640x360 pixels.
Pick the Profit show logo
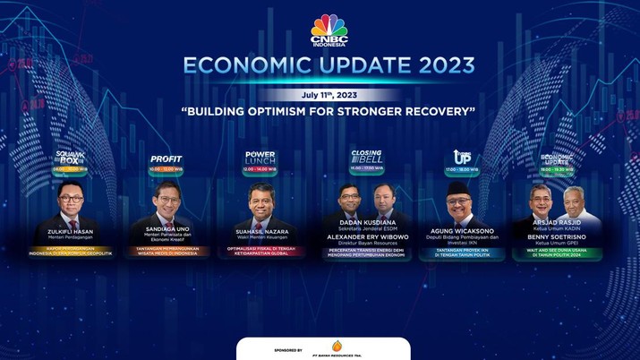[166, 159]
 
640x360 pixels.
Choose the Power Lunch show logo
[260, 159]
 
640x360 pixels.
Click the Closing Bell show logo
[367, 156]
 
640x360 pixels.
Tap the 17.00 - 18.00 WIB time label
[462, 168]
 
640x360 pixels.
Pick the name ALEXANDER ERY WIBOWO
[367, 236]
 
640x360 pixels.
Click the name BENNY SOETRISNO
[557, 236]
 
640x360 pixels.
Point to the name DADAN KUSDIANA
[367, 220]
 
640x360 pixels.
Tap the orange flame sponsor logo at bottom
[337, 346]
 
